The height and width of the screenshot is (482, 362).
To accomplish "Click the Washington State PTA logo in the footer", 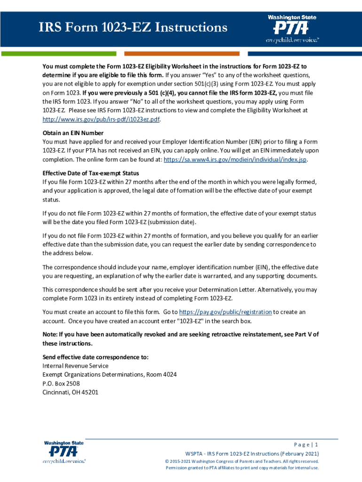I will tap(64, 452).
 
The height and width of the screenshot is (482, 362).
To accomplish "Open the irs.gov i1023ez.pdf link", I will tap(101, 119).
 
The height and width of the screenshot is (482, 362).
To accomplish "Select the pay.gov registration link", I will tap(226, 312).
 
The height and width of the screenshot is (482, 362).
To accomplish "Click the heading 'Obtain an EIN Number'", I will tap(73, 133).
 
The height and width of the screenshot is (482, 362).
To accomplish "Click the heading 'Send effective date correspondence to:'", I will tap(95, 357).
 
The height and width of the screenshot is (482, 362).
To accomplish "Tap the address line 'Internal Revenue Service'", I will tap(75, 366).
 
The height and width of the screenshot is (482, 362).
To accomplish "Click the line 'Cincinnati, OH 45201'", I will tap(71, 392).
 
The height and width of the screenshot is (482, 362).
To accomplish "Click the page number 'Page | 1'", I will tap(306, 445).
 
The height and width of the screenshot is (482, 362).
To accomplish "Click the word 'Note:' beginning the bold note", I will tap(50, 334).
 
